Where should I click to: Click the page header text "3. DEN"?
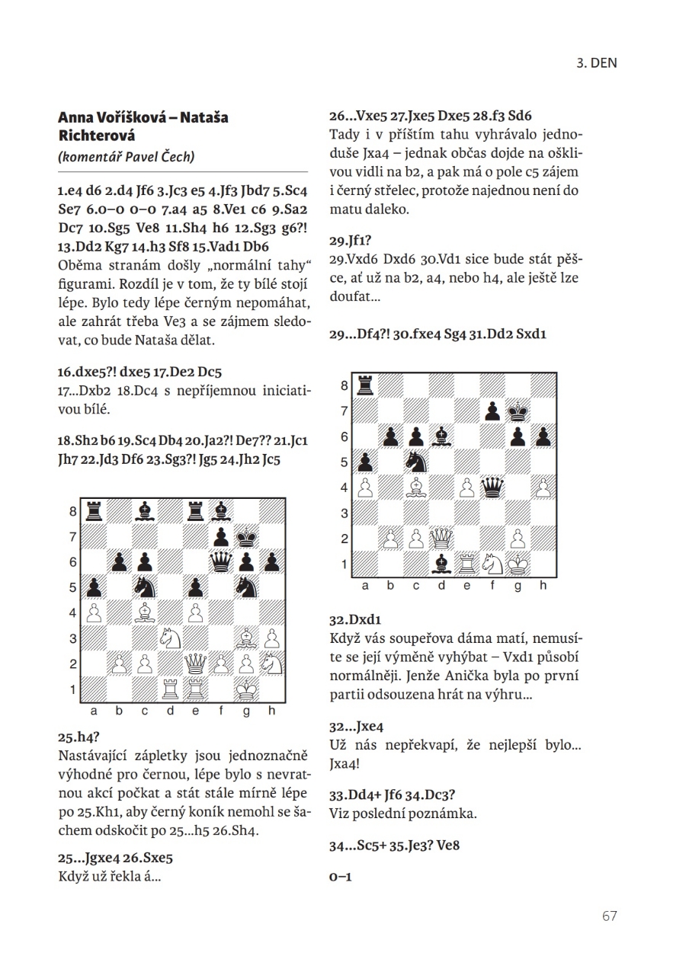pos(596,63)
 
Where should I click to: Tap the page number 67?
pos(609,916)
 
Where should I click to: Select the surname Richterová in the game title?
pos(97,136)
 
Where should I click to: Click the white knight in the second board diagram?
pos(493,564)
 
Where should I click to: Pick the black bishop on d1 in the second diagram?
pos(441,564)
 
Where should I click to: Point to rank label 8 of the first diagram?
pos(74,512)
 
